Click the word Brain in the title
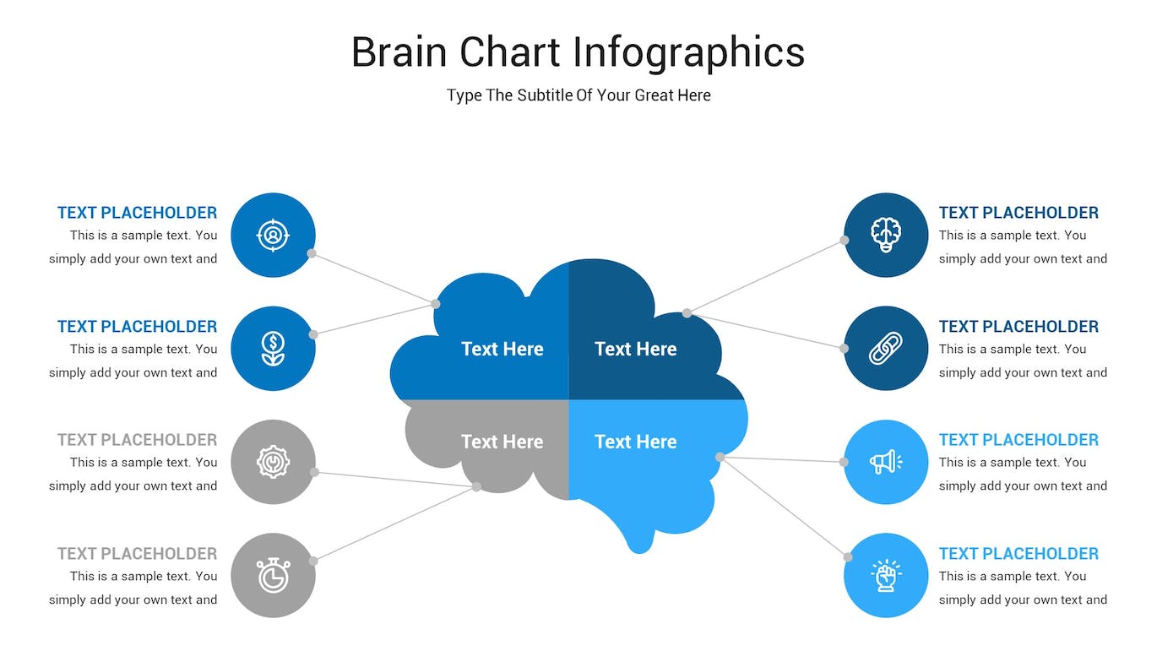pyautogui.click(x=399, y=52)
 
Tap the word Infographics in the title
pyautogui.click(x=688, y=52)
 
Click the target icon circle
pyautogui.click(x=273, y=235)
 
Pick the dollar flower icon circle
pyautogui.click(x=273, y=348)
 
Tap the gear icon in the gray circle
pyautogui.click(x=273, y=462)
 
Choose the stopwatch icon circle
pyautogui.click(x=273, y=575)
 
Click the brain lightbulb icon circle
pyautogui.click(x=886, y=235)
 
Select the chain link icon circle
pyautogui.click(x=886, y=348)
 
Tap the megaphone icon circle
pyautogui.click(x=886, y=462)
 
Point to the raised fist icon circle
pyautogui.click(x=886, y=575)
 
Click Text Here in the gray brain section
pyautogui.click(x=502, y=442)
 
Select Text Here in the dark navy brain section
pyautogui.click(x=635, y=349)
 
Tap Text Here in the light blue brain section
pyautogui.click(x=635, y=442)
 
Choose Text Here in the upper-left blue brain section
pyautogui.click(x=502, y=349)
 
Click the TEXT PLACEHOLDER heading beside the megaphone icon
pyautogui.click(x=1018, y=440)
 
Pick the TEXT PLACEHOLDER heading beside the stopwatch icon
pyautogui.click(x=137, y=554)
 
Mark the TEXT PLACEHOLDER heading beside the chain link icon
pyautogui.click(x=1018, y=327)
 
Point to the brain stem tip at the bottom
pyautogui.click(x=639, y=545)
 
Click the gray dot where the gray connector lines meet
pyautogui.click(x=476, y=486)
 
